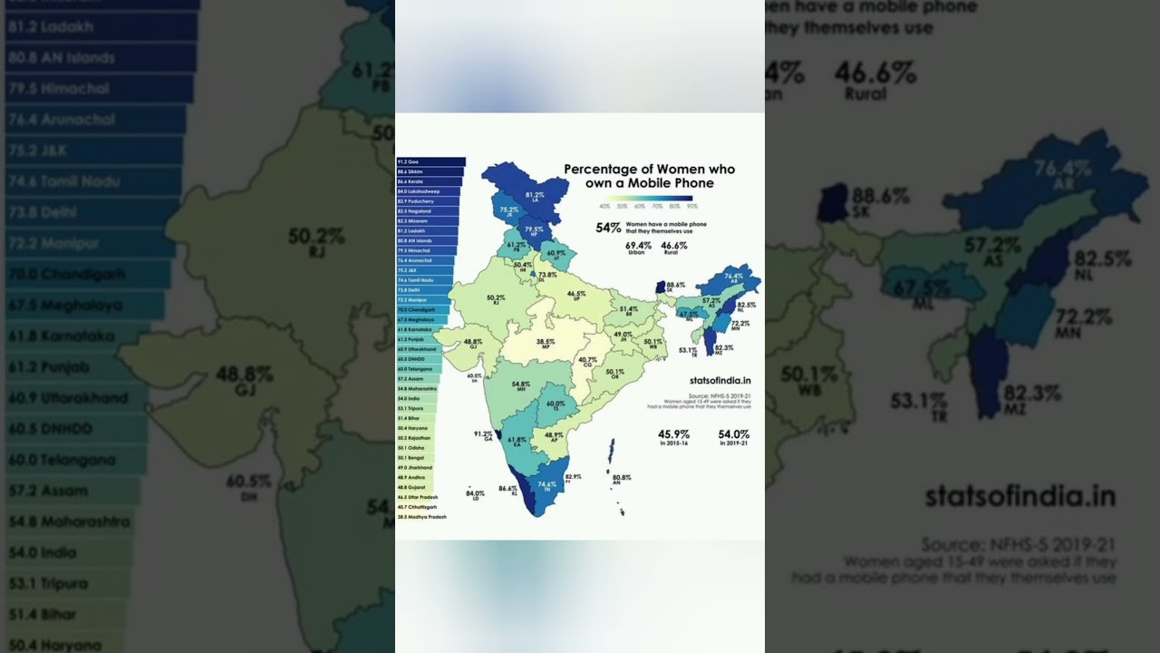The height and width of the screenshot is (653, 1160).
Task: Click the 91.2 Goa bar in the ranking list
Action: [x=430, y=161]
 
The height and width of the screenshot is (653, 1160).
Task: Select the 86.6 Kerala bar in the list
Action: [x=429, y=181]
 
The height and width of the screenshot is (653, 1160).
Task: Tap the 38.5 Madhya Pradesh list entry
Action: [x=422, y=517]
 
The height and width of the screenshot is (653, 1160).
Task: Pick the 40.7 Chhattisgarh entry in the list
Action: [x=418, y=507]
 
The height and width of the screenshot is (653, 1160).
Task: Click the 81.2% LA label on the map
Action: [x=535, y=196]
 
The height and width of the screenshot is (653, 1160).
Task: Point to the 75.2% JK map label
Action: [x=509, y=211]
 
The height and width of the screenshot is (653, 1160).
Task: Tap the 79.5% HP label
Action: [x=534, y=230]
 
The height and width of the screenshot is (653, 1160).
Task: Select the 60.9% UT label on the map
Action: [x=556, y=254]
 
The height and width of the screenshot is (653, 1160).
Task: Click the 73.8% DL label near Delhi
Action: [x=547, y=275]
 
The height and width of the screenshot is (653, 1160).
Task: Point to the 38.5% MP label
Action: [x=546, y=343]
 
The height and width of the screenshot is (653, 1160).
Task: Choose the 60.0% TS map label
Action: [x=556, y=405]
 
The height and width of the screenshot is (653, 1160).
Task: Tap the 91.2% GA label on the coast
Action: [x=484, y=435]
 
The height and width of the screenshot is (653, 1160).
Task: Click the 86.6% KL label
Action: [x=508, y=490]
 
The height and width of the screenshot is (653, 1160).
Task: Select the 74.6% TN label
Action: [x=546, y=485]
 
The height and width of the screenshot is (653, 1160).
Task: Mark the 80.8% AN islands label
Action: [x=622, y=479]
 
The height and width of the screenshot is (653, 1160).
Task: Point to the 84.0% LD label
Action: [x=475, y=494]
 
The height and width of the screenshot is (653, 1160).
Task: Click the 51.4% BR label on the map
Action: [x=629, y=310]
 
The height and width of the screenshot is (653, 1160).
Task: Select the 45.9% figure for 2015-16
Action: [x=674, y=434]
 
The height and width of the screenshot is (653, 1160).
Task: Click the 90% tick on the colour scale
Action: [x=692, y=206]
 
